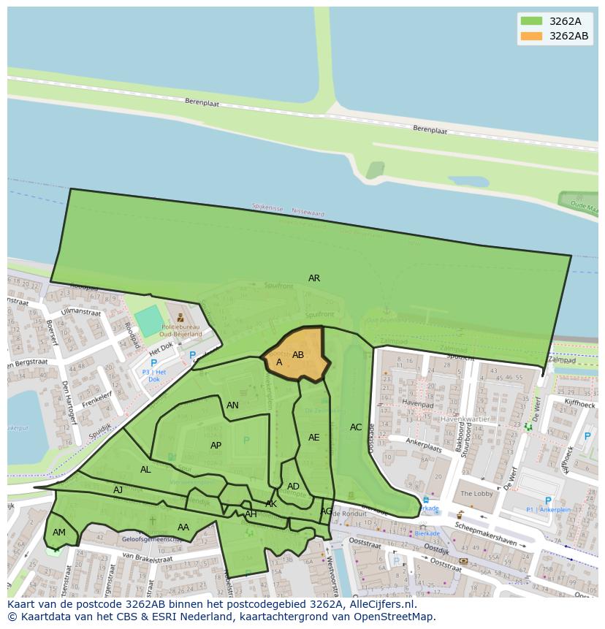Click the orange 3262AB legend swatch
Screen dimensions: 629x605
click(x=531, y=36)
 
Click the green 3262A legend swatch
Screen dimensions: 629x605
click(x=531, y=21)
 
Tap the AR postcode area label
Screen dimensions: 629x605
click(x=314, y=278)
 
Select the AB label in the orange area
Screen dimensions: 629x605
click(x=298, y=355)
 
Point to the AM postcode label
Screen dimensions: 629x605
click(x=59, y=533)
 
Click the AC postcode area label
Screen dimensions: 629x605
click(x=356, y=427)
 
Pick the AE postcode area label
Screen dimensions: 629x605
click(x=314, y=438)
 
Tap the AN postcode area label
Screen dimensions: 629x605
click(x=232, y=405)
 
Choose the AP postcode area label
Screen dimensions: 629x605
click(x=216, y=446)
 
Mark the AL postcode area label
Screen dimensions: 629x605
click(x=145, y=470)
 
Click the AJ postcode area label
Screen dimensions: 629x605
click(x=118, y=490)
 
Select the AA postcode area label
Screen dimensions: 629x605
click(x=183, y=527)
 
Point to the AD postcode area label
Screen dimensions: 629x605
click(x=293, y=487)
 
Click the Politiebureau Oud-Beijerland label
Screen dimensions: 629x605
click(x=181, y=331)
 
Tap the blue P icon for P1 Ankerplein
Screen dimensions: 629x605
click(x=548, y=501)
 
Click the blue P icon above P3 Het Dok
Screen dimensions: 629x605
click(x=153, y=363)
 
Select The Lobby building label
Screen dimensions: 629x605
click(x=476, y=494)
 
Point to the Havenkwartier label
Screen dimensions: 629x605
click(x=465, y=419)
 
